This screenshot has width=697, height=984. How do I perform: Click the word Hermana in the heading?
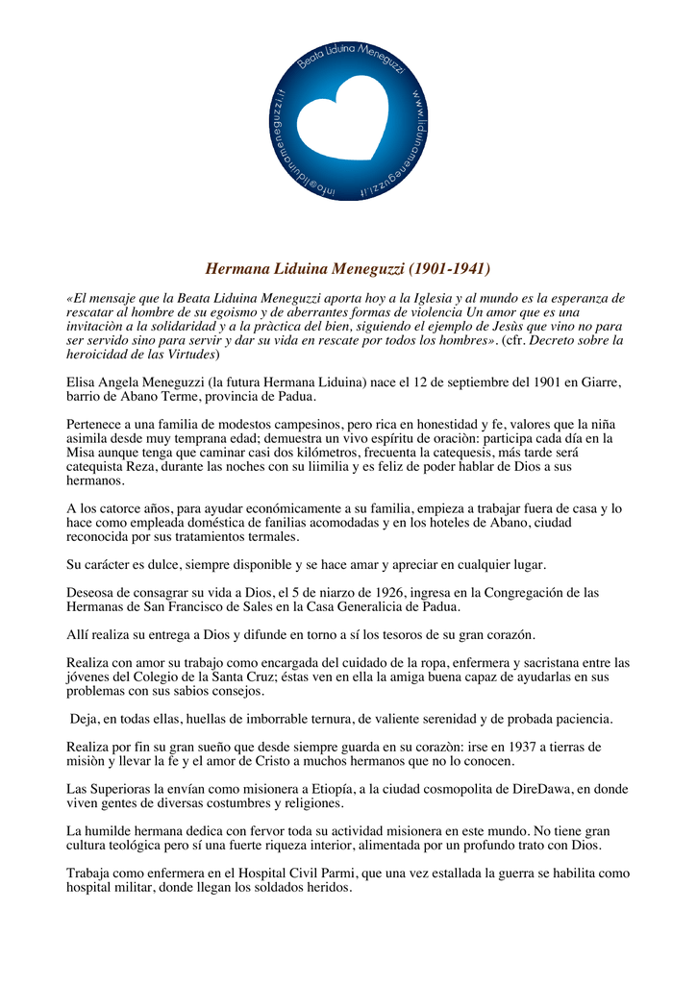coord(238,268)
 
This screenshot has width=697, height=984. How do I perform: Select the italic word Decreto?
coord(557,340)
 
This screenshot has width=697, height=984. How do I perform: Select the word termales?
coord(271,536)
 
